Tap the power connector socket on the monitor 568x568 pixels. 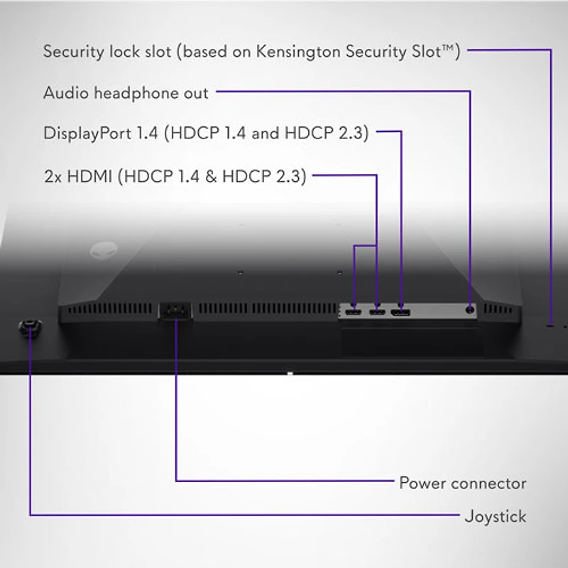pos(175,311)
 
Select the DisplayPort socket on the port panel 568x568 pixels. pos(401,312)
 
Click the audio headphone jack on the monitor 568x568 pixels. pos(470,309)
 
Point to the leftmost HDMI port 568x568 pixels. pos(354,312)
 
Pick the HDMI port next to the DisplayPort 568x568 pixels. pos(376,312)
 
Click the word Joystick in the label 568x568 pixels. pos(496,516)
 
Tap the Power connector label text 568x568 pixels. pos(462,484)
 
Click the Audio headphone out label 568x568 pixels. pos(126,93)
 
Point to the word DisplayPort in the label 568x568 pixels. pos(87,133)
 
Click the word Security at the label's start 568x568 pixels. pos(72,51)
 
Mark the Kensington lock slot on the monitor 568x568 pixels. pos(551,325)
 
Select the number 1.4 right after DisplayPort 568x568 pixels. pos(148,133)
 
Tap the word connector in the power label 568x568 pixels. pos(488,484)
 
